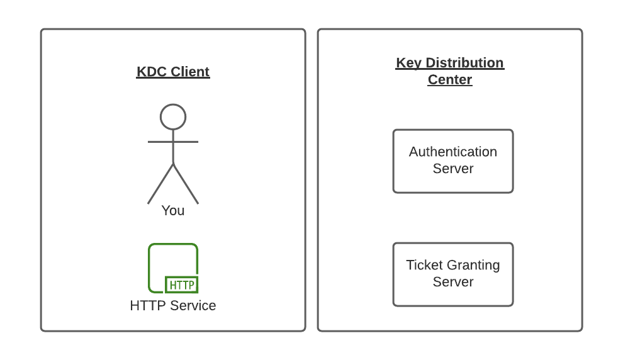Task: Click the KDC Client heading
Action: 173,72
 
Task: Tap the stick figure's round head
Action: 173,117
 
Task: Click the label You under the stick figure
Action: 173,210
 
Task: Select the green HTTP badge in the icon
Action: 182,285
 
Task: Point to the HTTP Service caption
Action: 173,306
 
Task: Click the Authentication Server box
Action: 453,161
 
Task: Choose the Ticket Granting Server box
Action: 453,274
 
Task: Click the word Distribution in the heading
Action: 464,63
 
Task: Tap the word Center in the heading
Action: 450,80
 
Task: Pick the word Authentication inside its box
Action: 453,152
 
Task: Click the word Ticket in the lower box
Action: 424,265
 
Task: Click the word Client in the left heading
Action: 191,72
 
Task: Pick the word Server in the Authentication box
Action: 453,169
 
